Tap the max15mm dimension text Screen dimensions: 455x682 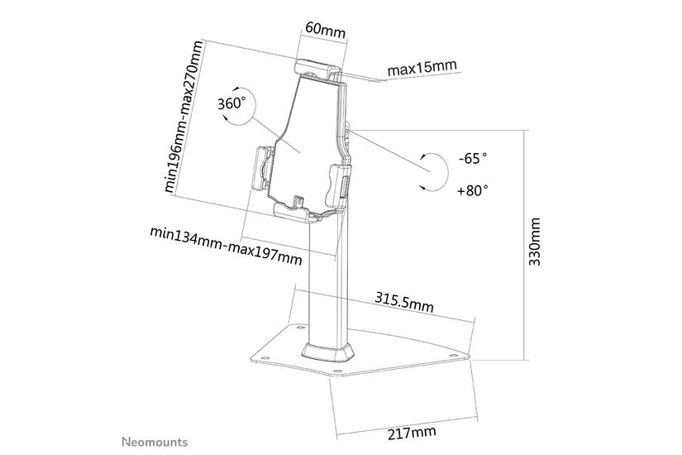point(422,67)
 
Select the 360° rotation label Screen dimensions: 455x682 point(231,104)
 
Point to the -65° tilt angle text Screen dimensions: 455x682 point(472,157)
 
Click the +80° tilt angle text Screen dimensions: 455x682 point(472,189)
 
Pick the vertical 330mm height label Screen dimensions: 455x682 point(535,241)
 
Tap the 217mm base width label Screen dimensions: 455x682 point(412,433)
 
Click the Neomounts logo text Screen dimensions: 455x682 point(155,442)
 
